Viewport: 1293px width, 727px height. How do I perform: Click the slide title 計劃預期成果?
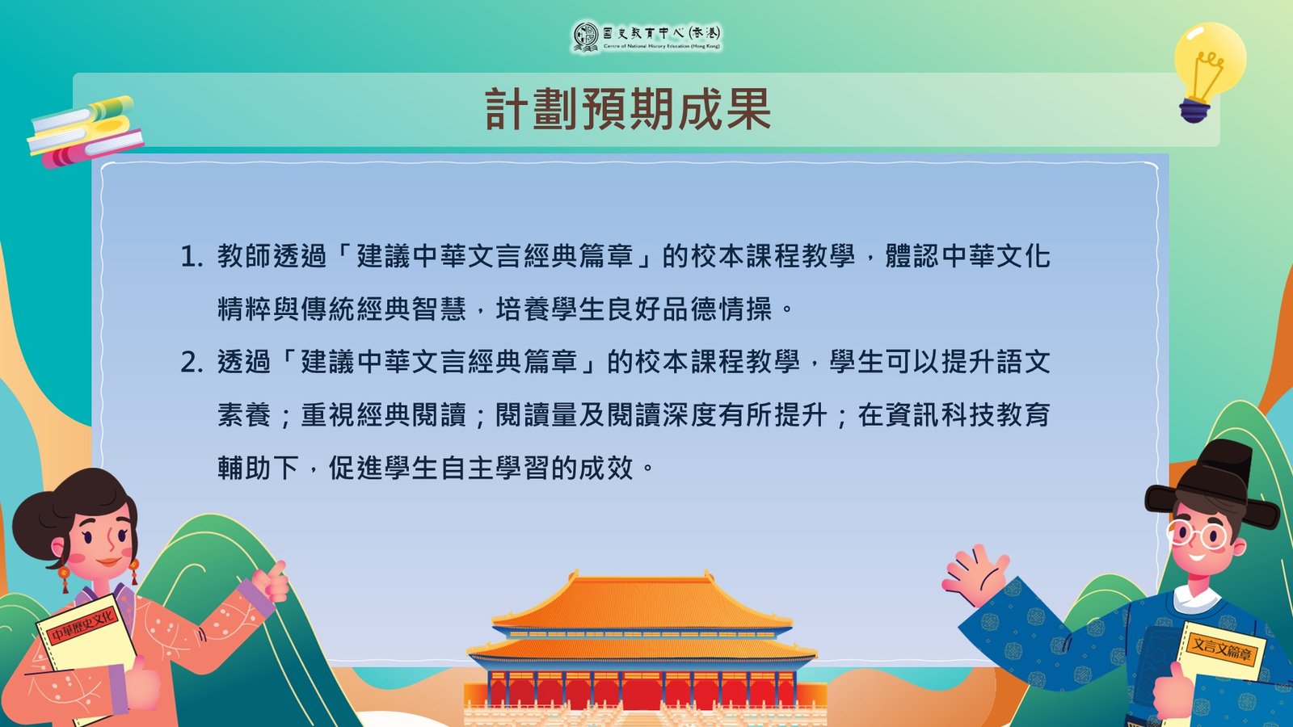coord(628,110)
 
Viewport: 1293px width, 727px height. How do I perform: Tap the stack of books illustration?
coord(85,132)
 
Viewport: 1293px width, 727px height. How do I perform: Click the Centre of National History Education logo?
coord(646,37)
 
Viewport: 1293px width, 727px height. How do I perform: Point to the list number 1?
coord(191,257)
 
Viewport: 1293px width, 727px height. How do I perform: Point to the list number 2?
coord(191,363)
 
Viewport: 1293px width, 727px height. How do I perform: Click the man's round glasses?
coord(1196,535)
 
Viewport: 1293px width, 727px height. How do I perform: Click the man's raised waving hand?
coord(975,574)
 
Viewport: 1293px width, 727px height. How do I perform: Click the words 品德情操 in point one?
coord(716,310)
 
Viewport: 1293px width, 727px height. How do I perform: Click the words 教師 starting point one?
coord(244,257)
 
